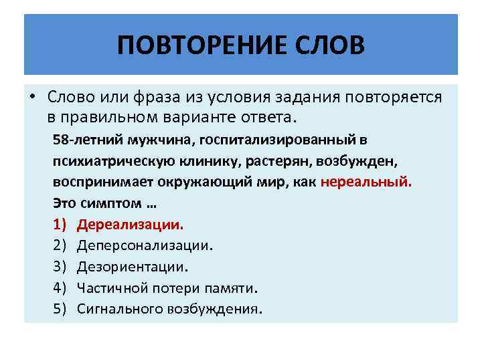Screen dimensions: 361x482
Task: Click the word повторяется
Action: (394, 97)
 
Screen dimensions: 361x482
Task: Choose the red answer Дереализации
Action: (131, 224)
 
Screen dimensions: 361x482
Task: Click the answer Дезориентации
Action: (133, 267)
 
